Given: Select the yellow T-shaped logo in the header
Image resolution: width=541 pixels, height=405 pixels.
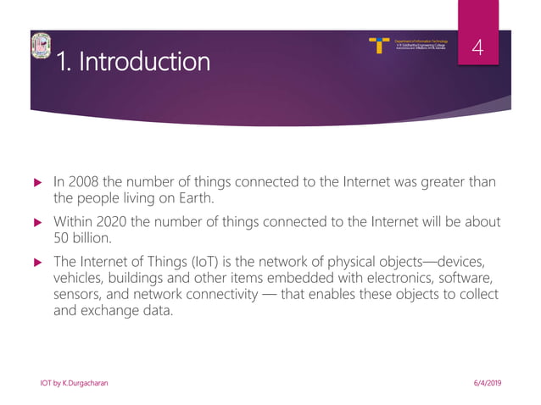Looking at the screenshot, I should (381, 45).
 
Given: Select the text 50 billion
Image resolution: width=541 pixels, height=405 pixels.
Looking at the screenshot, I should (80, 240).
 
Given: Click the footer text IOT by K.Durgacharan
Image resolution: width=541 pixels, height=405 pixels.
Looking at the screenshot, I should (74, 384).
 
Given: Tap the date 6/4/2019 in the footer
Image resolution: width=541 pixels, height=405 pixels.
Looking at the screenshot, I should (487, 384).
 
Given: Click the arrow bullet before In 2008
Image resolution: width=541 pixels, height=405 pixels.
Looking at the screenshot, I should (36, 183).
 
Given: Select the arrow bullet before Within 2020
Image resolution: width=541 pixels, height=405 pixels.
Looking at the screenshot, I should (36, 223).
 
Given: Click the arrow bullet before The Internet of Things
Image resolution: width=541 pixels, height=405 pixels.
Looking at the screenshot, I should (36, 263).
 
